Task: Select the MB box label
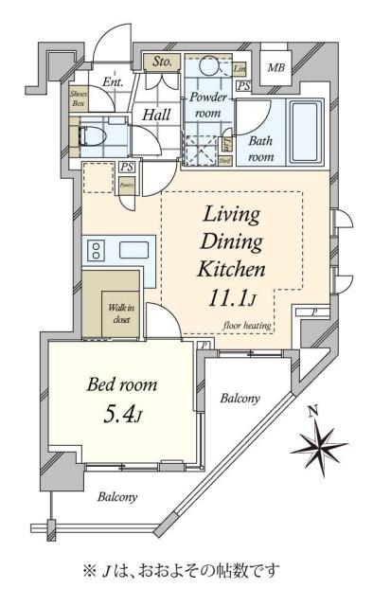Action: (275, 68)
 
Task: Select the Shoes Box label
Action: (79, 97)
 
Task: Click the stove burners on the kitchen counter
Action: (96, 252)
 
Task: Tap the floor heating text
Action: (248, 326)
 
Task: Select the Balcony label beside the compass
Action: (240, 399)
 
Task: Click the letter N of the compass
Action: (312, 410)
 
